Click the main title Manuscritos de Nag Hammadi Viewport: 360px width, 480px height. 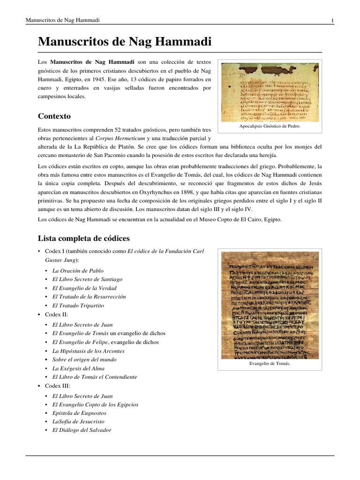coord(125,42)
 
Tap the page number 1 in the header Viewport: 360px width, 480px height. coord(332,20)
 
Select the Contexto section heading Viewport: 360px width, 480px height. coord(54,116)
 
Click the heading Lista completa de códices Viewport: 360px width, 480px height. coord(83,238)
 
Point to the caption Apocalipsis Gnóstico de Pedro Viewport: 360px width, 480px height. coord(270,126)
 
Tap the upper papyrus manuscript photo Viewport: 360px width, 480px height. coord(270,92)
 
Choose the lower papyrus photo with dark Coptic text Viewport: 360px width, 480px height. coord(270,305)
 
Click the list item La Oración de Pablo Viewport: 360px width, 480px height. coord(78,270)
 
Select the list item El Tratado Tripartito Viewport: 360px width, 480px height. coord(78,305)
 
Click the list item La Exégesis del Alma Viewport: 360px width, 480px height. coord(78,368)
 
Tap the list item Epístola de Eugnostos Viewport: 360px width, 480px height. coord(79,413)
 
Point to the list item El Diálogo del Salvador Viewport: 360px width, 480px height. coord(82,430)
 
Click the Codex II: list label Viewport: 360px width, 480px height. coord(57,315)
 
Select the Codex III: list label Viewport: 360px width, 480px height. coord(58,386)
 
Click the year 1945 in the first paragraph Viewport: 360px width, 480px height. coord(102,79)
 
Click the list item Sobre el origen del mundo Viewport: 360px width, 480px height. coord(84,359)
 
